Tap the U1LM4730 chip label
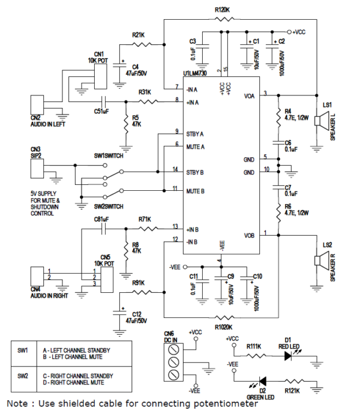pos(201,76)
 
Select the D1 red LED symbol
pos(289,356)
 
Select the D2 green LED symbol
pos(262,382)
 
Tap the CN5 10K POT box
pos(108,277)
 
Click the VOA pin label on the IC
pos(250,96)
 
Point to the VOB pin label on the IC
pos(250,235)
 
